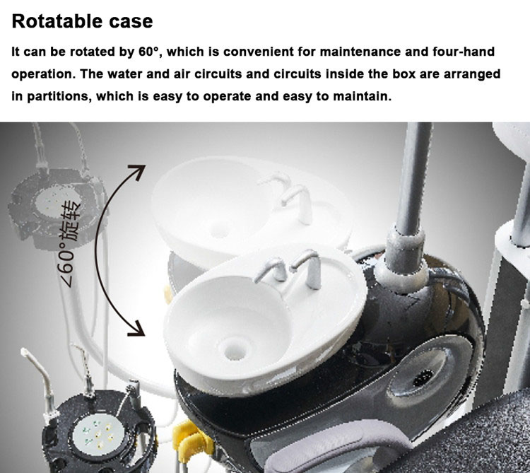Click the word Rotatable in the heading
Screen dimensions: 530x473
tap(57, 21)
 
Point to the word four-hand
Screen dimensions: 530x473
tap(464, 52)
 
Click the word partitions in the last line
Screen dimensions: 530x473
tap(59, 97)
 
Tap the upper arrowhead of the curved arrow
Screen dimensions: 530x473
tap(139, 171)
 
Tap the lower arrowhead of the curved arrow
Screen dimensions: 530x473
tap(138, 329)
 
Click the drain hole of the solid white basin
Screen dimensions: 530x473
tap(235, 349)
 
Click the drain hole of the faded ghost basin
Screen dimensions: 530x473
tap(220, 230)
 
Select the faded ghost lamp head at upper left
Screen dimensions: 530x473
tap(56, 208)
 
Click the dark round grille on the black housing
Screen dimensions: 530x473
tap(423, 378)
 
